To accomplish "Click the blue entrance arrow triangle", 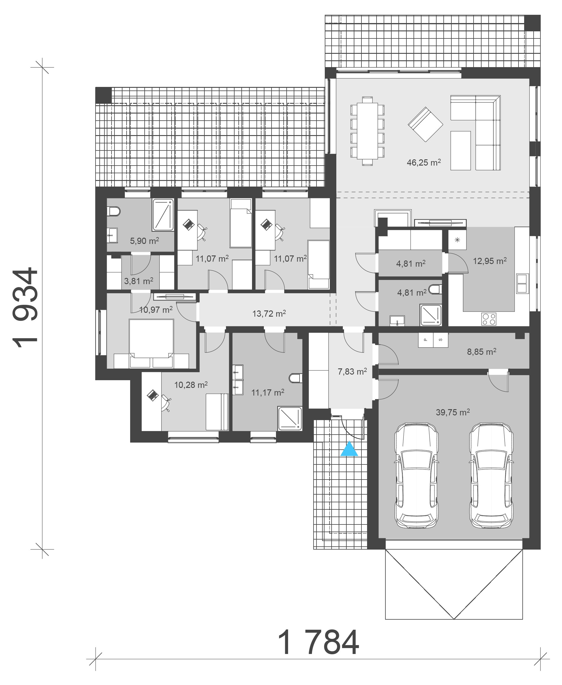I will pyautogui.click(x=349, y=449).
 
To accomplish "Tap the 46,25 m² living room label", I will pyautogui.click(x=424, y=162).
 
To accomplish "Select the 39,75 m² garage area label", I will pyautogui.click(x=453, y=412).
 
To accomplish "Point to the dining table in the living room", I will pyautogui.click(x=367, y=131).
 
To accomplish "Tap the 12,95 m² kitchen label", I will pyautogui.click(x=490, y=261).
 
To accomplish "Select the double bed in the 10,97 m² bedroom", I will pyautogui.click(x=151, y=343).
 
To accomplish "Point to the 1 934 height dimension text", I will pyautogui.click(x=26, y=307).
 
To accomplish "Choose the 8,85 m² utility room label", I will pyautogui.click(x=481, y=352).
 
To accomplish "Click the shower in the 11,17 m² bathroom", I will pyautogui.click(x=289, y=419).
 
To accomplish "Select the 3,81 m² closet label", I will pyautogui.click(x=138, y=281).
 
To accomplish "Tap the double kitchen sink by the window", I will pyautogui.click(x=522, y=284).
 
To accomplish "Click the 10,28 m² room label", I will pyautogui.click(x=191, y=385).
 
